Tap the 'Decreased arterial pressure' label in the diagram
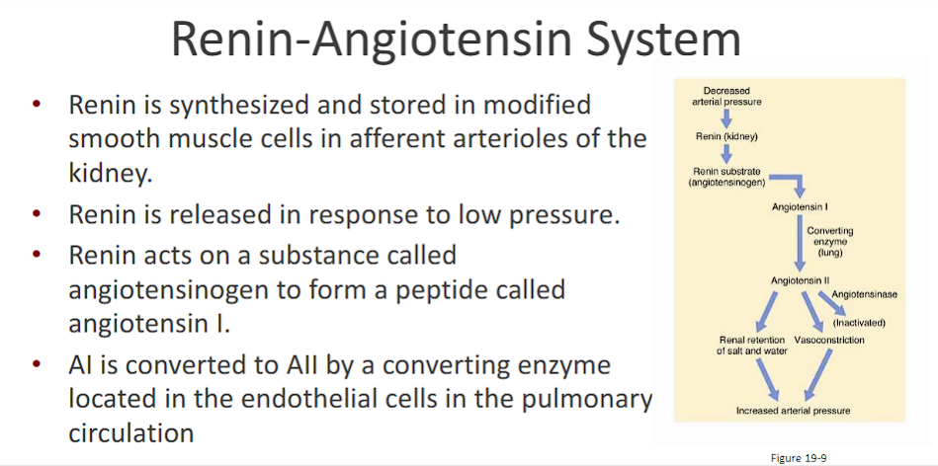(x=726, y=97)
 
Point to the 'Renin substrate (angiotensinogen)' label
(x=727, y=177)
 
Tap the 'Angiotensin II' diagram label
(x=800, y=282)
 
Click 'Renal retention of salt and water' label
(x=753, y=345)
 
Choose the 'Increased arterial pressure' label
(x=794, y=410)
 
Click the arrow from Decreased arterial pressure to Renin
(x=725, y=116)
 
